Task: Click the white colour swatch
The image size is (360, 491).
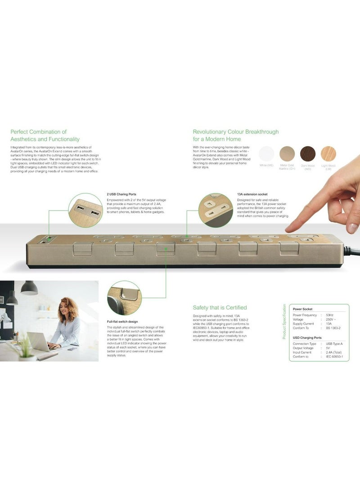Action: pos(266,153)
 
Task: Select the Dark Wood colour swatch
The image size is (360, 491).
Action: pos(308,153)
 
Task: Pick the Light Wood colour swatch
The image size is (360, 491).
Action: pos(328,153)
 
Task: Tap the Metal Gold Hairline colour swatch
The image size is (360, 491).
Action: pos(287,153)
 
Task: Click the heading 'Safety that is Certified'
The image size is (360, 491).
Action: pos(220,307)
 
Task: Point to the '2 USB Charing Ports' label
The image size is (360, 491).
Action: pos(121,194)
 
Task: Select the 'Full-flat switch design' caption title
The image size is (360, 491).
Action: pos(122,322)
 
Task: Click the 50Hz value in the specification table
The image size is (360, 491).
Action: pos(329,315)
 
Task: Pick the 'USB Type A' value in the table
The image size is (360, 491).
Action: pos(334,344)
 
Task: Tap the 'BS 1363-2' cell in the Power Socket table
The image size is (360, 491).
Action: pos(333,328)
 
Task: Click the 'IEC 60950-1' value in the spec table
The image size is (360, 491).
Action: pos(335,357)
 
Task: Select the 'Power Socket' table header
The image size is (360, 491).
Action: pos(303,309)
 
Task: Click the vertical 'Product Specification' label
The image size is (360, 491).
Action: pos(284,321)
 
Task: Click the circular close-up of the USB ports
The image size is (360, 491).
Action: pos(85,210)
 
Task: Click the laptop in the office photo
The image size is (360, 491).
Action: pos(38,342)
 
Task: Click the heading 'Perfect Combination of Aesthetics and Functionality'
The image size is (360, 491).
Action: pos(45,135)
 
